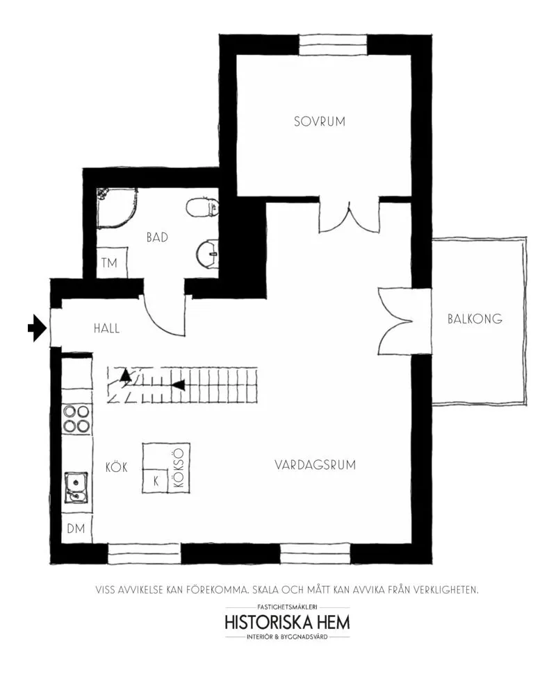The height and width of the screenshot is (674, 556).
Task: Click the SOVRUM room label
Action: [x=319, y=121]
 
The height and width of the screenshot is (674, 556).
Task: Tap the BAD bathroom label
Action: [x=157, y=237]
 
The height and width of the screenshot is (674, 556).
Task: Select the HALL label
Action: [x=106, y=329]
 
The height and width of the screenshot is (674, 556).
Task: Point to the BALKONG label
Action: [x=475, y=319]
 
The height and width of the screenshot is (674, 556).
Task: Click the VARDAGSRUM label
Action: [x=315, y=464]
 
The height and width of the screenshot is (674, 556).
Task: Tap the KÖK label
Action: [x=116, y=467]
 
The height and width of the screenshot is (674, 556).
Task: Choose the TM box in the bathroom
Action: [x=111, y=262]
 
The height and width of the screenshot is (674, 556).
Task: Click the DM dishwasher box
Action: [x=76, y=528]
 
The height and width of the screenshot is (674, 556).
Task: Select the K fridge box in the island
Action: [x=156, y=480]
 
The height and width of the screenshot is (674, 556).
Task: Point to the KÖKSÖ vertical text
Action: [x=179, y=468]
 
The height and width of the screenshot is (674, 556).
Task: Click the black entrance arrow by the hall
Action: [x=37, y=328]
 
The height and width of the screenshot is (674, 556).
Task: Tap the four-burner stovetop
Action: [x=76, y=419]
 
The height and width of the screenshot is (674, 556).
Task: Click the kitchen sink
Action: [x=76, y=487]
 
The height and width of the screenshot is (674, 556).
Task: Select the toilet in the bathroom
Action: [x=202, y=207]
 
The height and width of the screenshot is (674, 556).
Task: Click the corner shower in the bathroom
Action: [x=117, y=208]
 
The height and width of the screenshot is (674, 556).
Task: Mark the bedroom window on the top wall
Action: [x=333, y=44]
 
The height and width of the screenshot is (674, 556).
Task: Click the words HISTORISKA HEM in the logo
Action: [x=287, y=623]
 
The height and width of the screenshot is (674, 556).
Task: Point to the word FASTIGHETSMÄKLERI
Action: [x=287, y=607]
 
